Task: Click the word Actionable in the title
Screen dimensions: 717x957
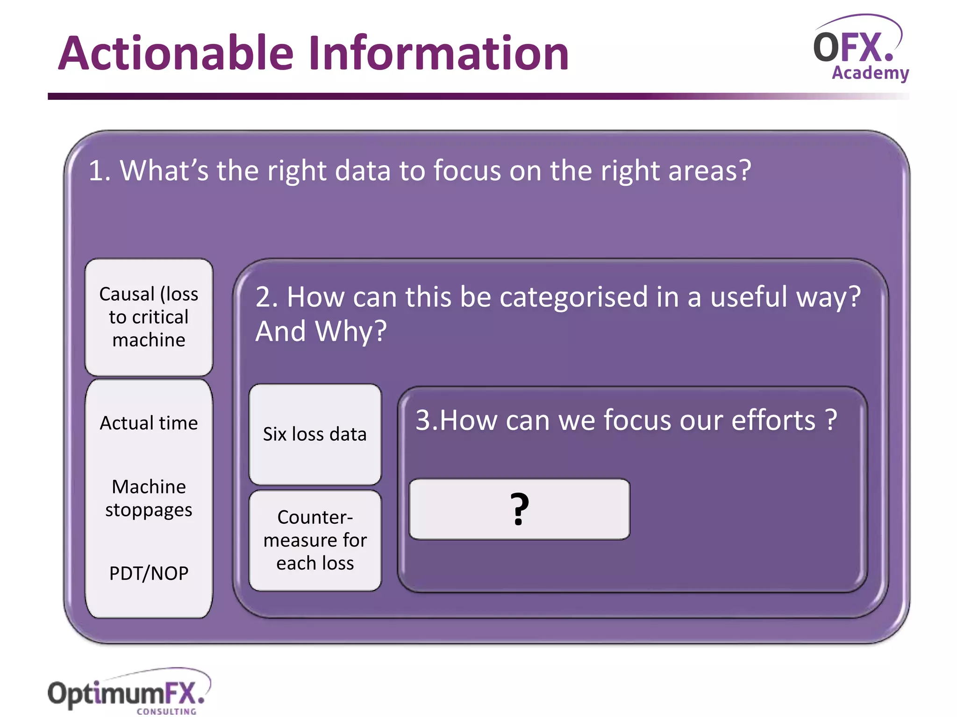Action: [177, 54]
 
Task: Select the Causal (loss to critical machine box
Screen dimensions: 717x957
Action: [149, 317]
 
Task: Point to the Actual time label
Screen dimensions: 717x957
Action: [149, 423]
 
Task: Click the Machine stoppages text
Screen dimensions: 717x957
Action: [149, 498]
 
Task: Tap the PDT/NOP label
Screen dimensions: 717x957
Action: [149, 573]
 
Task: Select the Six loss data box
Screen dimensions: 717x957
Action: [315, 434]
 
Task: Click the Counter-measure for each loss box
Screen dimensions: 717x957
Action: [315, 540]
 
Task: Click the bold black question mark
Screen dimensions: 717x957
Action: [519, 509]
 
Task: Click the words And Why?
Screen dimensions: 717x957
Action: [321, 331]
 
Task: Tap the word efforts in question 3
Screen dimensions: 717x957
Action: [773, 420]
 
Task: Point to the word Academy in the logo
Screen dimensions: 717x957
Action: [870, 73]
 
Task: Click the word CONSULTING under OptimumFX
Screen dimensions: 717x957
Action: [166, 711]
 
